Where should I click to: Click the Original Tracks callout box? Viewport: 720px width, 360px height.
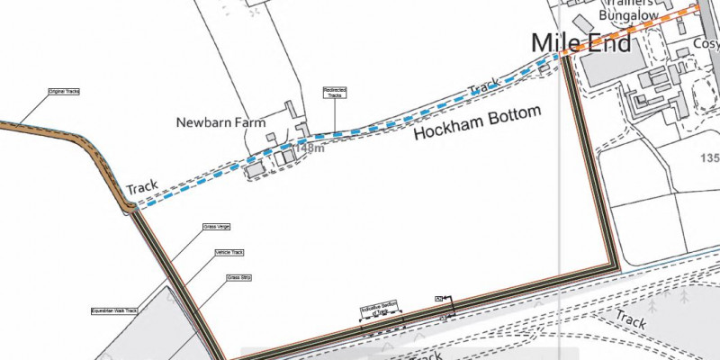[65, 91]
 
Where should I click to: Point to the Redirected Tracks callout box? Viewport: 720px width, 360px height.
[336, 92]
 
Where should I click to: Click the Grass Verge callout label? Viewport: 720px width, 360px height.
[205, 227]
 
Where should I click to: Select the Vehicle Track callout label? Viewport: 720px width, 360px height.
[229, 253]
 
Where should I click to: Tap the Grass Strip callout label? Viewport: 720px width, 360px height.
[238, 278]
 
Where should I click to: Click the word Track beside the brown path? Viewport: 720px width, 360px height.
[142, 187]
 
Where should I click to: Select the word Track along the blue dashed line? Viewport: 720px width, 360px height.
[484, 88]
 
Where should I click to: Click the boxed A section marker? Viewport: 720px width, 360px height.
[438, 296]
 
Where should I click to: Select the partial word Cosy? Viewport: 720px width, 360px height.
[706, 43]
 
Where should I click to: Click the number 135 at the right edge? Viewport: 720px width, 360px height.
[709, 158]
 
